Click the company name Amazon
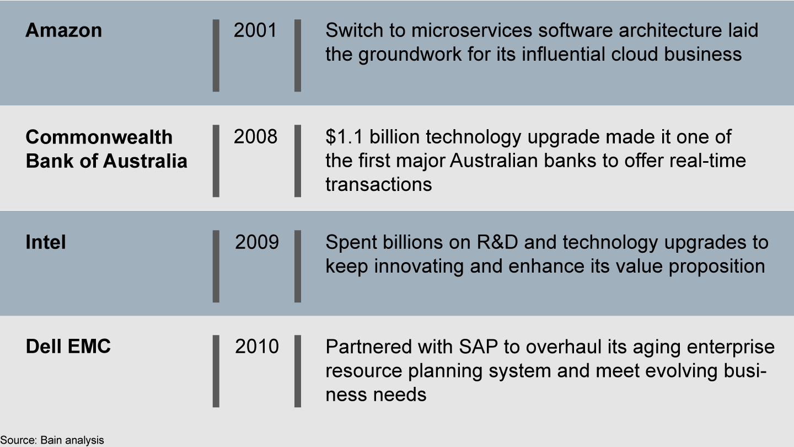pyautogui.click(x=63, y=30)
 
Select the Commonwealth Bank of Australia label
pyautogui.click(x=106, y=149)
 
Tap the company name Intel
pyautogui.click(x=46, y=242)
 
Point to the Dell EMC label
pyautogui.click(x=68, y=347)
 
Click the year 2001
pyautogui.click(x=255, y=30)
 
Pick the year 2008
pyautogui.click(x=255, y=137)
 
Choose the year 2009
pyautogui.click(x=257, y=242)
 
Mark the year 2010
pyautogui.click(x=257, y=347)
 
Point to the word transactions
pyautogui.click(x=378, y=184)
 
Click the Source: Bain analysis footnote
pyautogui.click(x=52, y=440)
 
